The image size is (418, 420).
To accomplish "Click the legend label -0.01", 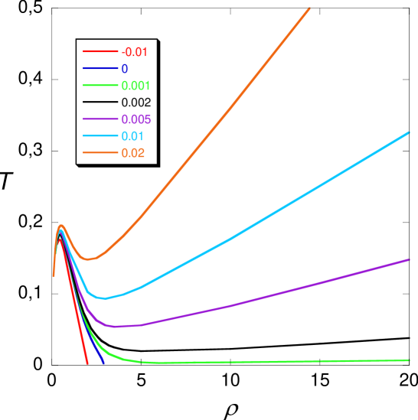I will (x=134, y=52).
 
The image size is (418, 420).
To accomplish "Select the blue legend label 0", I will (x=124, y=69).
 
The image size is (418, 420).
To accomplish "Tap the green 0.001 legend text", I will (x=136, y=86).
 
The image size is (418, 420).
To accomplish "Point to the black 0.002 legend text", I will (x=136, y=103).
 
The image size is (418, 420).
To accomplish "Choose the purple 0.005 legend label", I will (x=136, y=119).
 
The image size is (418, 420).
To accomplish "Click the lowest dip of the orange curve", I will (x=89, y=259).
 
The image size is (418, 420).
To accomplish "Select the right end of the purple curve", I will (x=409, y=260).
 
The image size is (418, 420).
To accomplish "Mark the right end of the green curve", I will (x=409, y=360).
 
